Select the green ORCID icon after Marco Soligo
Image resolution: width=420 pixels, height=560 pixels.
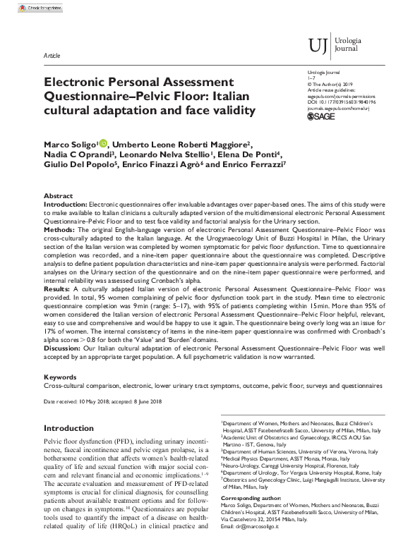103,145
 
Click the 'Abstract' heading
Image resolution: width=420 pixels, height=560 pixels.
58,195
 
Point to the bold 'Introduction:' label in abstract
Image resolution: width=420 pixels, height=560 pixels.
66,204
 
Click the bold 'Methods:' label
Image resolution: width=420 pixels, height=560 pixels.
59,229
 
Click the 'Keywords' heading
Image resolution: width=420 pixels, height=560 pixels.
60,377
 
